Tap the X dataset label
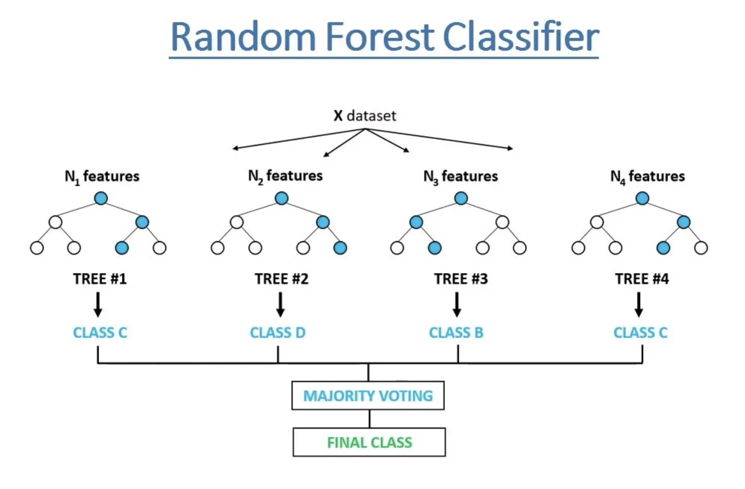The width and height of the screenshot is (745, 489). click(365, 116)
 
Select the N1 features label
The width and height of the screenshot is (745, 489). click(102, 176)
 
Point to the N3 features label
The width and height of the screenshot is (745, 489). click(461, 176)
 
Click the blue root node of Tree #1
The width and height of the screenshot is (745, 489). click(101, 198)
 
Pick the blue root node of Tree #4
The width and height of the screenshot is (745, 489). click(642, 198)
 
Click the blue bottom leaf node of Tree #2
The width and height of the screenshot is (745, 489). click(340, 248)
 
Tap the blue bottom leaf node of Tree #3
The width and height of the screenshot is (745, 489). click(435, 248)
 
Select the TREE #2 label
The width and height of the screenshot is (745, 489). click(281, 279)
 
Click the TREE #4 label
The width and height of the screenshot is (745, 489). click(642, 279)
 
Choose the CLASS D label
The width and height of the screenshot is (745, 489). click(278, 333)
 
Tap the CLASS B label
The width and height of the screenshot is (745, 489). click(456, 333)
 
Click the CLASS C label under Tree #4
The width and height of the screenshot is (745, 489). click(640, 333)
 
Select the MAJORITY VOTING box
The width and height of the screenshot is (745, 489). click(368, 396)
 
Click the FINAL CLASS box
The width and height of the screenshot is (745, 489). click(369, 442)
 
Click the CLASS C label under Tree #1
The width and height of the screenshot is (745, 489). click(100, 333)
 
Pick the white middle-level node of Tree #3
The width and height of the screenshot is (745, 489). click(502, 222)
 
